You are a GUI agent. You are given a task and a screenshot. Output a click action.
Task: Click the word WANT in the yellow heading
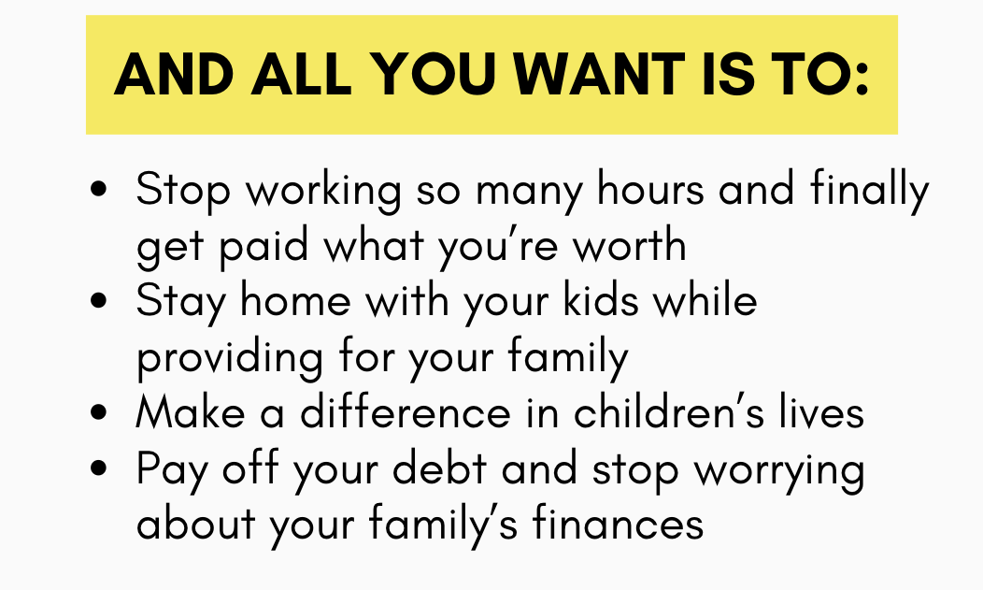pyautogui.click(x=599, y=75)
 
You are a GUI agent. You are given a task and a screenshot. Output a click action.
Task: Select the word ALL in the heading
pyautogui.click(x=301, y=75)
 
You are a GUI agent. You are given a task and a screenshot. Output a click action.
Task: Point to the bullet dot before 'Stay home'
pyautogui.click(x=99, y=300)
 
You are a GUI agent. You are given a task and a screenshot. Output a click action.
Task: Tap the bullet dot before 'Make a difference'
pyautogui.click(x=99, y=412)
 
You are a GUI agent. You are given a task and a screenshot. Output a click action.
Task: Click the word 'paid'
pyautogui.click(x=264, y=247)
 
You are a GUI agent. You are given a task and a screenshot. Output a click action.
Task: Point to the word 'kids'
pyautogui.click(x=601, y=300)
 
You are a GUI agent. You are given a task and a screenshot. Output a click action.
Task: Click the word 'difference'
pyautogui.click(x=406, y=412)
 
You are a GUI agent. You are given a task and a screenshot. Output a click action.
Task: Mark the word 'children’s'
pyautogui.click(x=669, y=412)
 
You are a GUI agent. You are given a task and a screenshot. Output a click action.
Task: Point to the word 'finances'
pyautogui.click(x=619, y=524)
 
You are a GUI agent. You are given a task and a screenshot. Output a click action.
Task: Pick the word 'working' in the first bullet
pyautogui.click(x=323, y=192)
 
